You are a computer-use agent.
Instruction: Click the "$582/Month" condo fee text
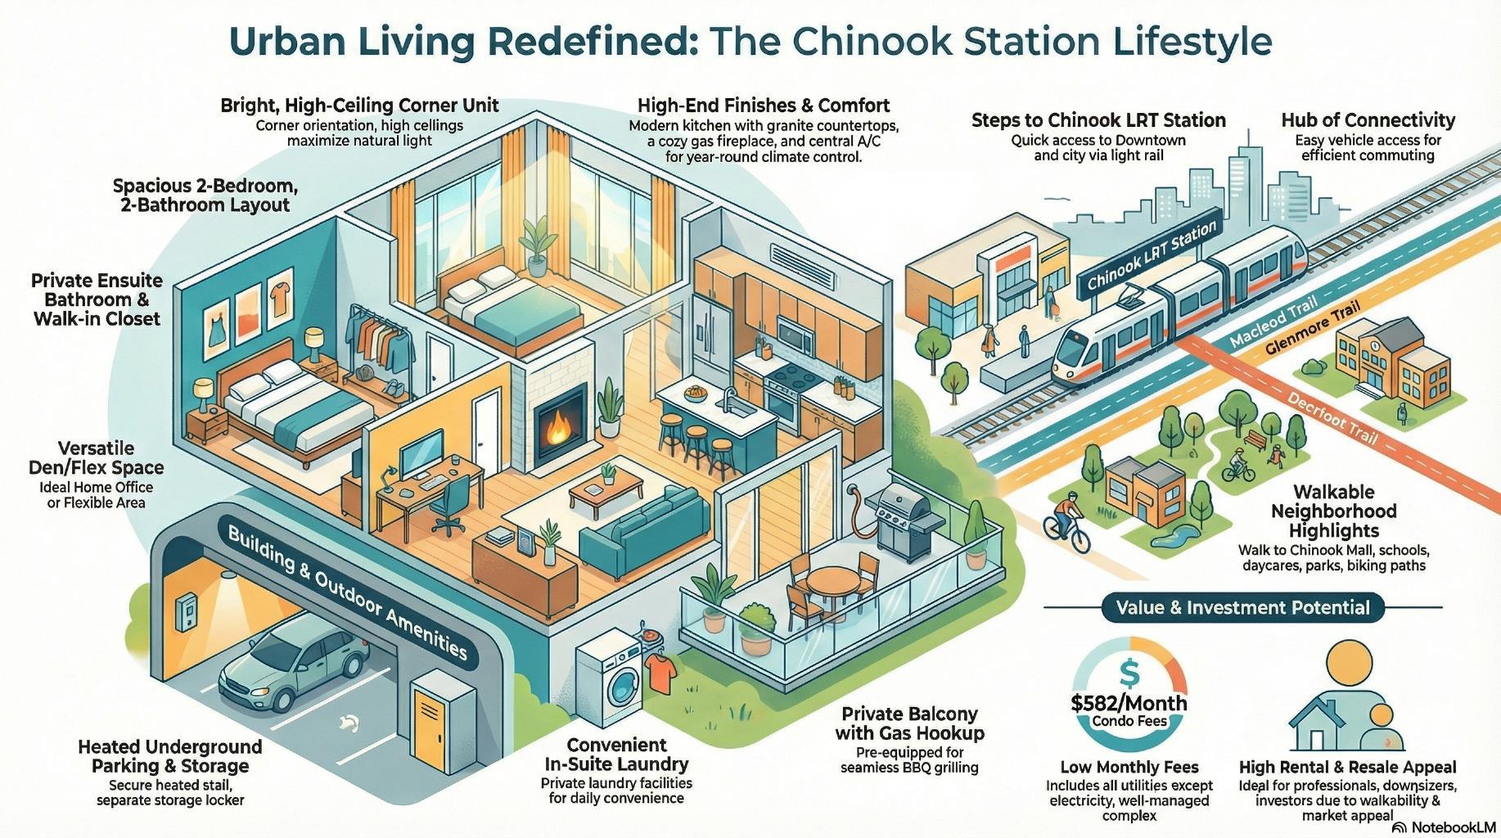[x=1129, y=702]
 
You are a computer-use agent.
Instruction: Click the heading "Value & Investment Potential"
[x=1242, y=607]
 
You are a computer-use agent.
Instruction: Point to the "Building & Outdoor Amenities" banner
[x=347, y=592]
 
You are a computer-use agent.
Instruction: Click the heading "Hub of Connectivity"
[x=1368, y=120]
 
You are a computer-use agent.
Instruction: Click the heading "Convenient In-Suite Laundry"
[x=616, y=755]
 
